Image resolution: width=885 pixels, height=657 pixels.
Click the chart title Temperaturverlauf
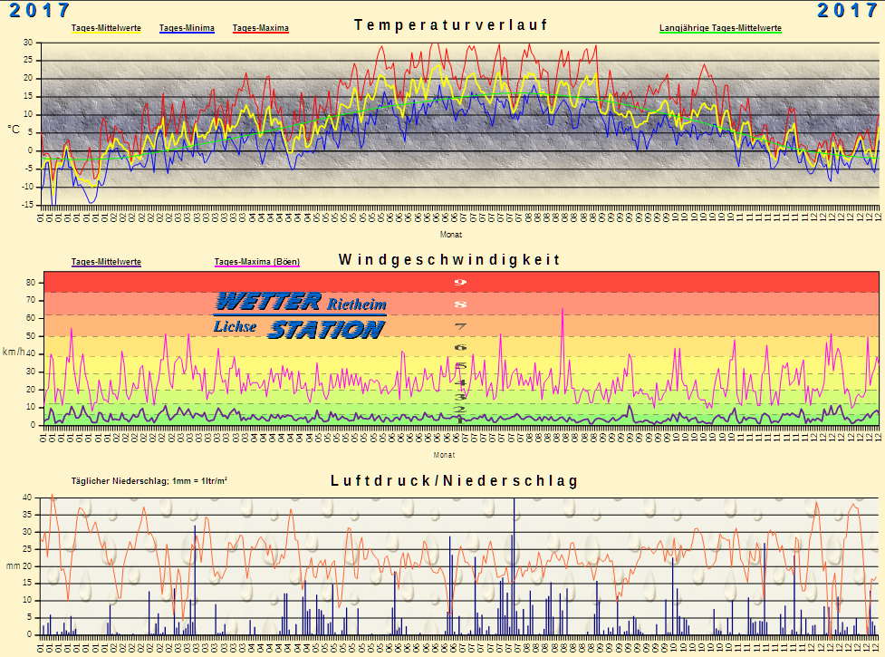(x=450, y=25)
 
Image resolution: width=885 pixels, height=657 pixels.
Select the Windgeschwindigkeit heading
(x=449, y=260)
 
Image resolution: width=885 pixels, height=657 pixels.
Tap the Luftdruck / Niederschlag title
(x=454, y=480)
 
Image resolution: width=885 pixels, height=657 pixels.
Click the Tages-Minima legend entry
(x=186, y=29)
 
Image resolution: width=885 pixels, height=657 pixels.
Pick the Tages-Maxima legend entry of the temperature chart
(x=260, y=29)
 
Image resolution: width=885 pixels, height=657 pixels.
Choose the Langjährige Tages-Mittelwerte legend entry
(x=720, y=29)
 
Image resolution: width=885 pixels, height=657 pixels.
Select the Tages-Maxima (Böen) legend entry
(x=256, y=263)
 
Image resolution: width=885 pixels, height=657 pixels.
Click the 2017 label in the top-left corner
(x=40, y=10)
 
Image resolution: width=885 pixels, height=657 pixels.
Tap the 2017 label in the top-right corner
(x=847, y=10)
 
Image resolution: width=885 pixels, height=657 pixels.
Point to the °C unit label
(x=14, y=130)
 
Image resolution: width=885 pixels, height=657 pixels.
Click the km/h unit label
(x=13, y=352)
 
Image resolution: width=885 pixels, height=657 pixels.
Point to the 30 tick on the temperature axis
(x=27, y=43)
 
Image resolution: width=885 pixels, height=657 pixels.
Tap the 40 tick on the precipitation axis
(x=27, y=498)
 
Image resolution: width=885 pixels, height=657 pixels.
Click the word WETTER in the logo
(x=268, y=302)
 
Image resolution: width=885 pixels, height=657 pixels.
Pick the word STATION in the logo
(x=325, y=329)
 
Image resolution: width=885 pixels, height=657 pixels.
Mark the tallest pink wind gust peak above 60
(x=563, y=310)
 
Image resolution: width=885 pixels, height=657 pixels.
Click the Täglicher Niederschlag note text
(x=149, y=481)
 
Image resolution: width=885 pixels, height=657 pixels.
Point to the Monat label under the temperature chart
(x=450, y=234)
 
